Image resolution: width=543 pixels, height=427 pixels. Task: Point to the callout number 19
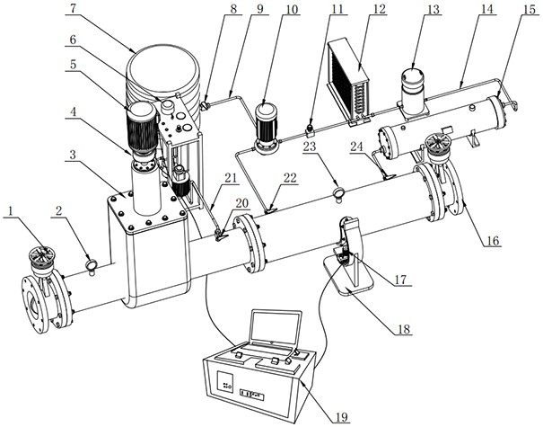pos(342,415)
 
